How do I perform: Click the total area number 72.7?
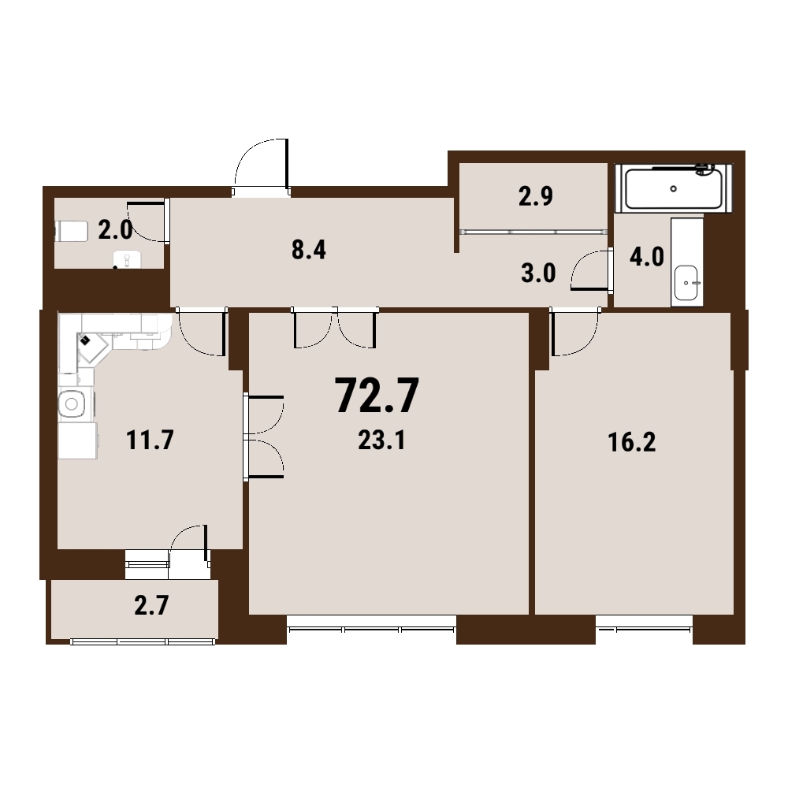[x=377, y=396]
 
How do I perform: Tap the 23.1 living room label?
[x=381, y=440]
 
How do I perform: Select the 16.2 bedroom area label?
[x=632, y=442]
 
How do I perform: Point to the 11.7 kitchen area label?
[x=150, y=440]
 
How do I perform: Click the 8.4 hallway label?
[x=309, y=250]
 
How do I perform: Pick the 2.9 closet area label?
[x=536, y=196]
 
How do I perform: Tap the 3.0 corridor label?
[x=538, y=273]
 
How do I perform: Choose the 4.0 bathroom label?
[x=647, y=257]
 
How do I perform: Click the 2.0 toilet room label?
[x=115, y=230]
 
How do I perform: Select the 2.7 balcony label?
[x=151, y=605]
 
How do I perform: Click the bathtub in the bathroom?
[x=674, y=188]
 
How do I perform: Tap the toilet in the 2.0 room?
[x=72, y=231]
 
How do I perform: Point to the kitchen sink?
[x=72, y=403]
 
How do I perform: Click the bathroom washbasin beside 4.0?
[x=686, y=283]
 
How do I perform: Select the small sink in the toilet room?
[x=127, y=260]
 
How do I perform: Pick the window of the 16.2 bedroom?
[x=645, y=628]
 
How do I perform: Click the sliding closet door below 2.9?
[x=533, y=232]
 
